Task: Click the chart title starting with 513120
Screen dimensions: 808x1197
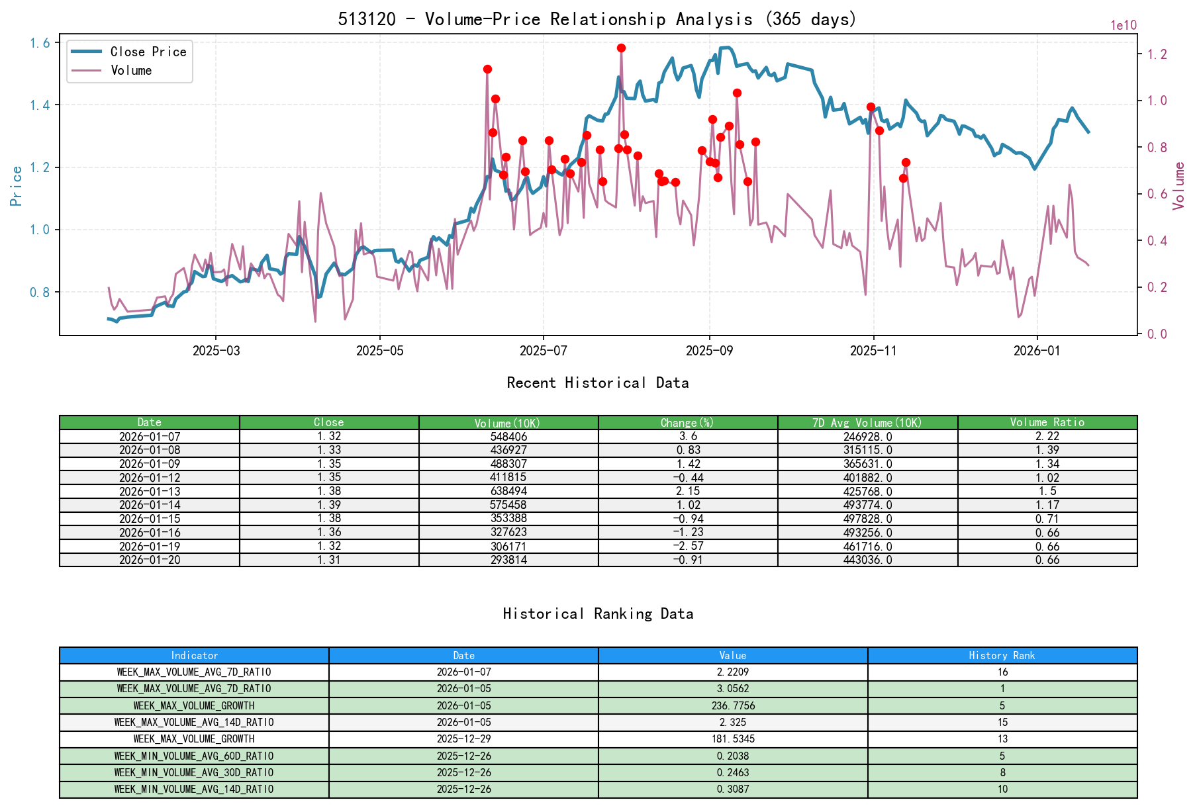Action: [597, 19]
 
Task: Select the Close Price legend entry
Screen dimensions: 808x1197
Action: [148, 52]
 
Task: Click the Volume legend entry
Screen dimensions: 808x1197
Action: [131, 70]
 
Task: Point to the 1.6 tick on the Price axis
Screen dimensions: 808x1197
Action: [40, 43]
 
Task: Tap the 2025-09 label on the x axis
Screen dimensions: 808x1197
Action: [710, 351]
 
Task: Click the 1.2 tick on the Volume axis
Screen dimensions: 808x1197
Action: [1157, 54]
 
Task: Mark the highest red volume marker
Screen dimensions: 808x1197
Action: [621, 48]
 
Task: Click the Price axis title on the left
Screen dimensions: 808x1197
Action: [17, 185]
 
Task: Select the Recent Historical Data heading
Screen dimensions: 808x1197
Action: [597, 382]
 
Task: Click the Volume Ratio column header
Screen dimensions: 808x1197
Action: [1047, 422]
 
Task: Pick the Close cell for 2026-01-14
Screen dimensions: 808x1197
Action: [329, 505]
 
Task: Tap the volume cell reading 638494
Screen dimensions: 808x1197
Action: [508, 491]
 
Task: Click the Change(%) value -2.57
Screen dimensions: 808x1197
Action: [688, 546]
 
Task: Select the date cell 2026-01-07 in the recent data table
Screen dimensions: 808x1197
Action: [150, 437]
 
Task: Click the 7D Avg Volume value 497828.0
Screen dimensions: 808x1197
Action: [867, 519]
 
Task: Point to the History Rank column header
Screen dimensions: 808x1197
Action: [1002, 655]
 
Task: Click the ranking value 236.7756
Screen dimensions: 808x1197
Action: [733, 705]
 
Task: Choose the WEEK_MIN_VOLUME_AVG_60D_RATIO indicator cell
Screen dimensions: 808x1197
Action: [194, 756]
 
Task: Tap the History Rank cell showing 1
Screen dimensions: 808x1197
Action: [1002, 689]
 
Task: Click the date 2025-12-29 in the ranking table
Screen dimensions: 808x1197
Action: [463, 739]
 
